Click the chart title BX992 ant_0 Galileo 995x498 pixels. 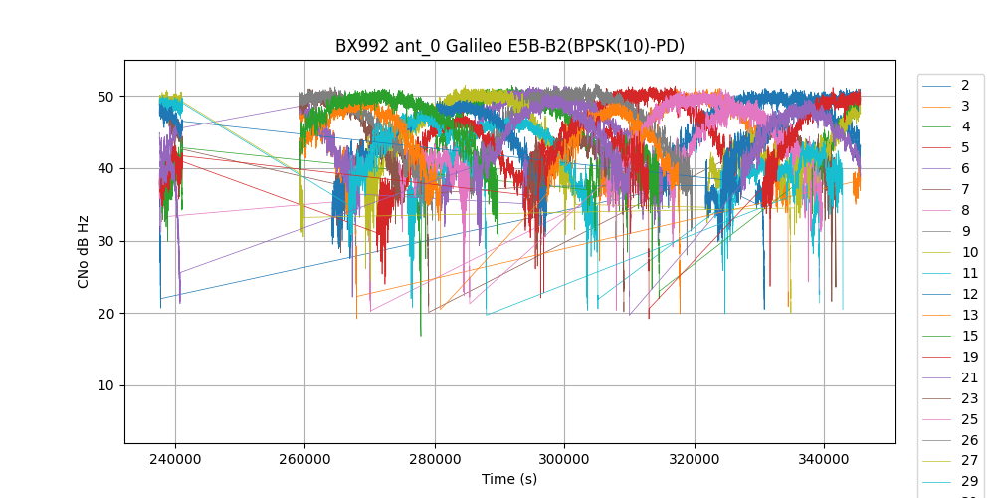[509, 46]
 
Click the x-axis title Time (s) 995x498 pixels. [509, 479]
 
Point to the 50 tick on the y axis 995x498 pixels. [104, 97]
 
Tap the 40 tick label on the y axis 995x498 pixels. [104, 168]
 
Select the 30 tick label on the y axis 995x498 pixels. [104, 241]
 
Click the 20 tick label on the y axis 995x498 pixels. [104, 314]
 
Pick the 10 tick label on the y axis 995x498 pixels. [104, 386]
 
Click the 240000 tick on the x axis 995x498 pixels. [175, 460]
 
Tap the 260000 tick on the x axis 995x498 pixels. [304, 460]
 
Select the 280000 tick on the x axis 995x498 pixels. [435, 460]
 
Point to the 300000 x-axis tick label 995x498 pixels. [564, 460]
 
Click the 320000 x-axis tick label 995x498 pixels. [695, 460]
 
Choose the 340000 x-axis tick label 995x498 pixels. [824, 460]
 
